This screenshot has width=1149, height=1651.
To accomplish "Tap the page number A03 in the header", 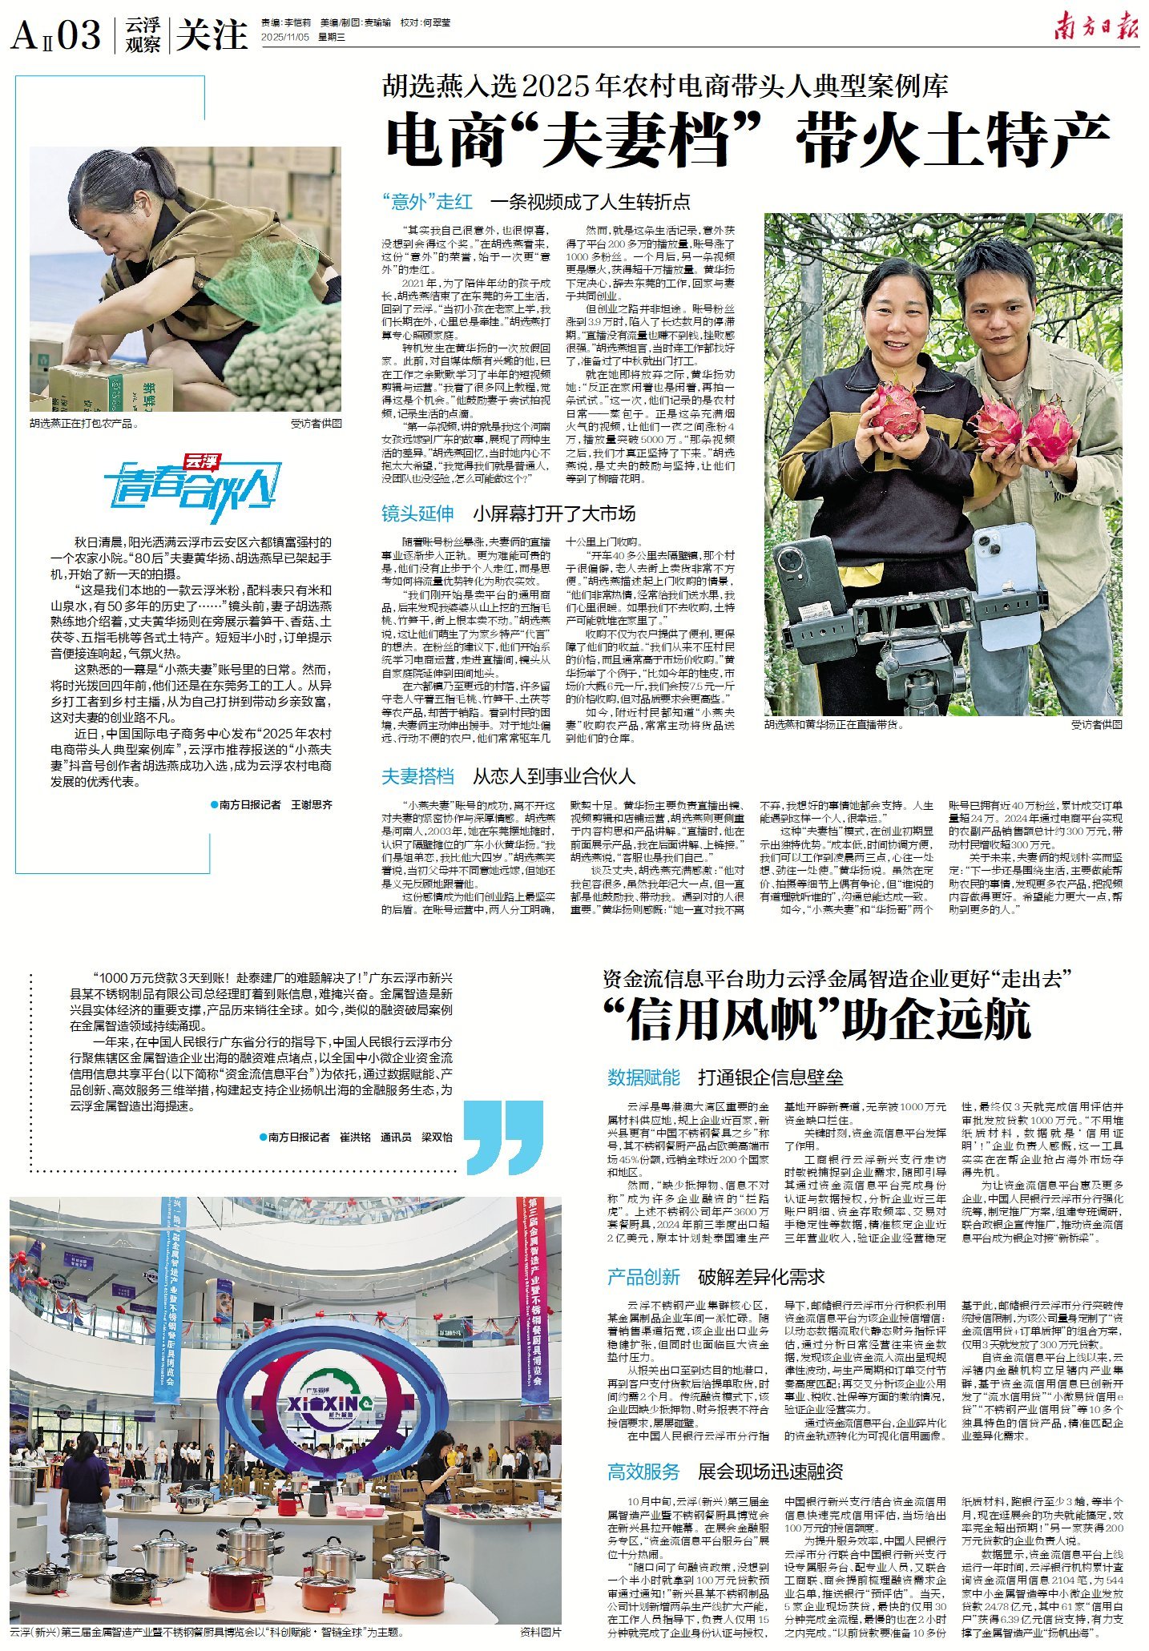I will pyautogui.click(x=57, y=35).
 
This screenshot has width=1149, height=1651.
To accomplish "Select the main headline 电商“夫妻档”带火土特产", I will pyautogui.click(x=747, y=139).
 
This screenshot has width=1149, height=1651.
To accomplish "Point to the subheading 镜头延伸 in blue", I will pyautogui.click(x=417, y=513).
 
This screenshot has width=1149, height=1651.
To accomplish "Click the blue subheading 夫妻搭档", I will pyautogui.click(x=417, y=775).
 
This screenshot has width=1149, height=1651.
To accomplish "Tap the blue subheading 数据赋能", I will pyautogui.click(x=643, y=1077).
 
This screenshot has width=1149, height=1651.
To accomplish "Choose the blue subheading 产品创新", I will pyautogui.click(x=643, y=1277).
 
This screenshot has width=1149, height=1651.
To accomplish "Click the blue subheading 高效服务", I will pyautogui.click(x=643, y=1472).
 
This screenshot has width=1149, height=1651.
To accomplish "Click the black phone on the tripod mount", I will pyautogui.click(x=807, y=576).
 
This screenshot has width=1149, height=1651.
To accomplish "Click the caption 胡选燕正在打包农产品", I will pyautogui.click(x=84, y=424).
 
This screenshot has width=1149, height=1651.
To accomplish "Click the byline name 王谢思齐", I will pyautogui.click(x=311, y=804).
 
